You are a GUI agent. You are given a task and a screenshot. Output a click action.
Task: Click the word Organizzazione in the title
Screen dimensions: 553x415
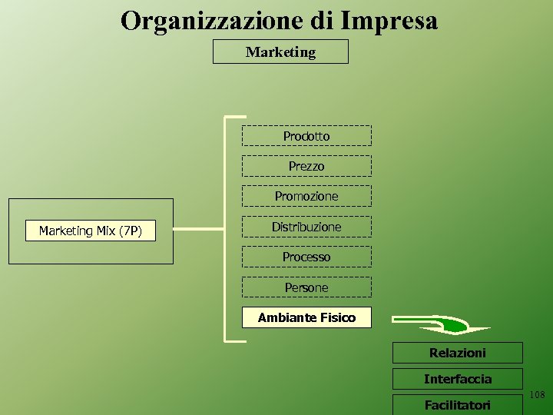tap(213, 21)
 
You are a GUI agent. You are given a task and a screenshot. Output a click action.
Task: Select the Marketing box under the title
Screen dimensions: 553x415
tap(280, 52)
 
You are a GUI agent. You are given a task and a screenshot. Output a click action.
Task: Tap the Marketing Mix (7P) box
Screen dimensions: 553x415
tap(90, 231)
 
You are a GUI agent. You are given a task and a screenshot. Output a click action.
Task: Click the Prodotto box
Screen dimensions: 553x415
tap(306, 136)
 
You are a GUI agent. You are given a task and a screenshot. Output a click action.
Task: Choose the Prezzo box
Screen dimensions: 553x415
tap(306, 166)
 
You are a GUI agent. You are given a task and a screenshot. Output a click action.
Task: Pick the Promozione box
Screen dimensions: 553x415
tap(306, 196)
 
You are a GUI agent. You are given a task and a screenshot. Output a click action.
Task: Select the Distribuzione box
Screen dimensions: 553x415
tap(306, 227)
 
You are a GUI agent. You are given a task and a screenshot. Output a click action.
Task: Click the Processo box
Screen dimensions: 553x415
tap(306, 257)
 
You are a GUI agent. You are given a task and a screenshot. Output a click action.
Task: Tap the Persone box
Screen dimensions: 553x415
tap(306, 287)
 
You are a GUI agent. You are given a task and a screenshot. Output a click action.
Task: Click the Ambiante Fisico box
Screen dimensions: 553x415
tap(306, 317)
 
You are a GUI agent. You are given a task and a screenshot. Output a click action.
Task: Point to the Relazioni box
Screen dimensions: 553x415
tap(457, 353)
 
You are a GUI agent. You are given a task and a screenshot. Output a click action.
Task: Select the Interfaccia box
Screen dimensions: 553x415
tap(457, 379)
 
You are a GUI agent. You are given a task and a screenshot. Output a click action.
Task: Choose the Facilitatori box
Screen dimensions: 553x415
tap(457, 404)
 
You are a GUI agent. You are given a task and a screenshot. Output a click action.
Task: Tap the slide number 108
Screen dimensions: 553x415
tap(537, 395)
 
